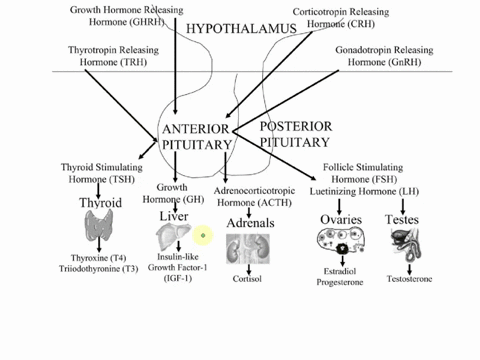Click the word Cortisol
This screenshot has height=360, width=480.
click(x=247, y=280)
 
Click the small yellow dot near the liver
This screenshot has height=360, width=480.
click(x=203, y=236)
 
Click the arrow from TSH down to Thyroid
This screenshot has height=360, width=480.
click(x=98, y=189)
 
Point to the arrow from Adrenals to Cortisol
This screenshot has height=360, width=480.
click(x=247, y=269)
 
